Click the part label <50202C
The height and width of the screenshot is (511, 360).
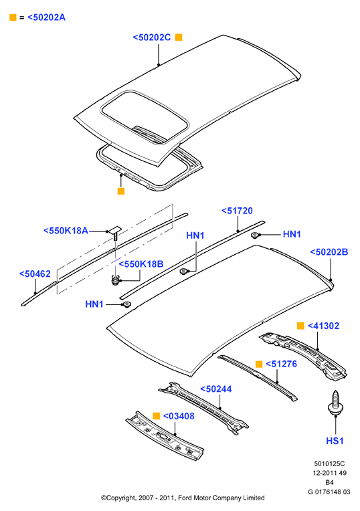click(x=152, y=37)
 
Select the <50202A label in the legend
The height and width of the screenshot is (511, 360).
click(x=46, y=17)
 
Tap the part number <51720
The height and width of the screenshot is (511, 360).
click(x=237, y=211)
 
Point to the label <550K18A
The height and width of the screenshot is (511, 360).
click(x=66, y=231)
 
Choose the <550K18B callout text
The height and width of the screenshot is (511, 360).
click(x=141, y=264)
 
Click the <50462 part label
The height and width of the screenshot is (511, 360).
click(x=35, y=274)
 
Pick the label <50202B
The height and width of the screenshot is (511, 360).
click(x=329, y=252)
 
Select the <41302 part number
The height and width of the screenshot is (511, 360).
click(x=323, y=326)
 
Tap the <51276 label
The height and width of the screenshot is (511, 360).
click(x=282, y=364)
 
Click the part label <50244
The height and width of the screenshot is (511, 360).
click(x=216, y=389)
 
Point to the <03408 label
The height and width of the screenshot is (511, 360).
click(x=179, y=416)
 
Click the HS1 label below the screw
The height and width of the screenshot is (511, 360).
click(x=335, y=441)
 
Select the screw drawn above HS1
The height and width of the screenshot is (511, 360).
click(x=335, y=403)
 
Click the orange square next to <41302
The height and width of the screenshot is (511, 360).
click(x=300, y=326)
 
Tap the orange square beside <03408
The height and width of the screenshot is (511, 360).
click(x=157, y=416)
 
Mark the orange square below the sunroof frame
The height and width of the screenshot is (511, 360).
click(x=121, y=191)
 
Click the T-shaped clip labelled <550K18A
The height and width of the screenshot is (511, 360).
click(x=114, y=233)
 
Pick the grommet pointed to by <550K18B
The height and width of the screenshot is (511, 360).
click(x=115, y=280)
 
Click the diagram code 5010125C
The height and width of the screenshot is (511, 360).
click(x=329, y=464)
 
